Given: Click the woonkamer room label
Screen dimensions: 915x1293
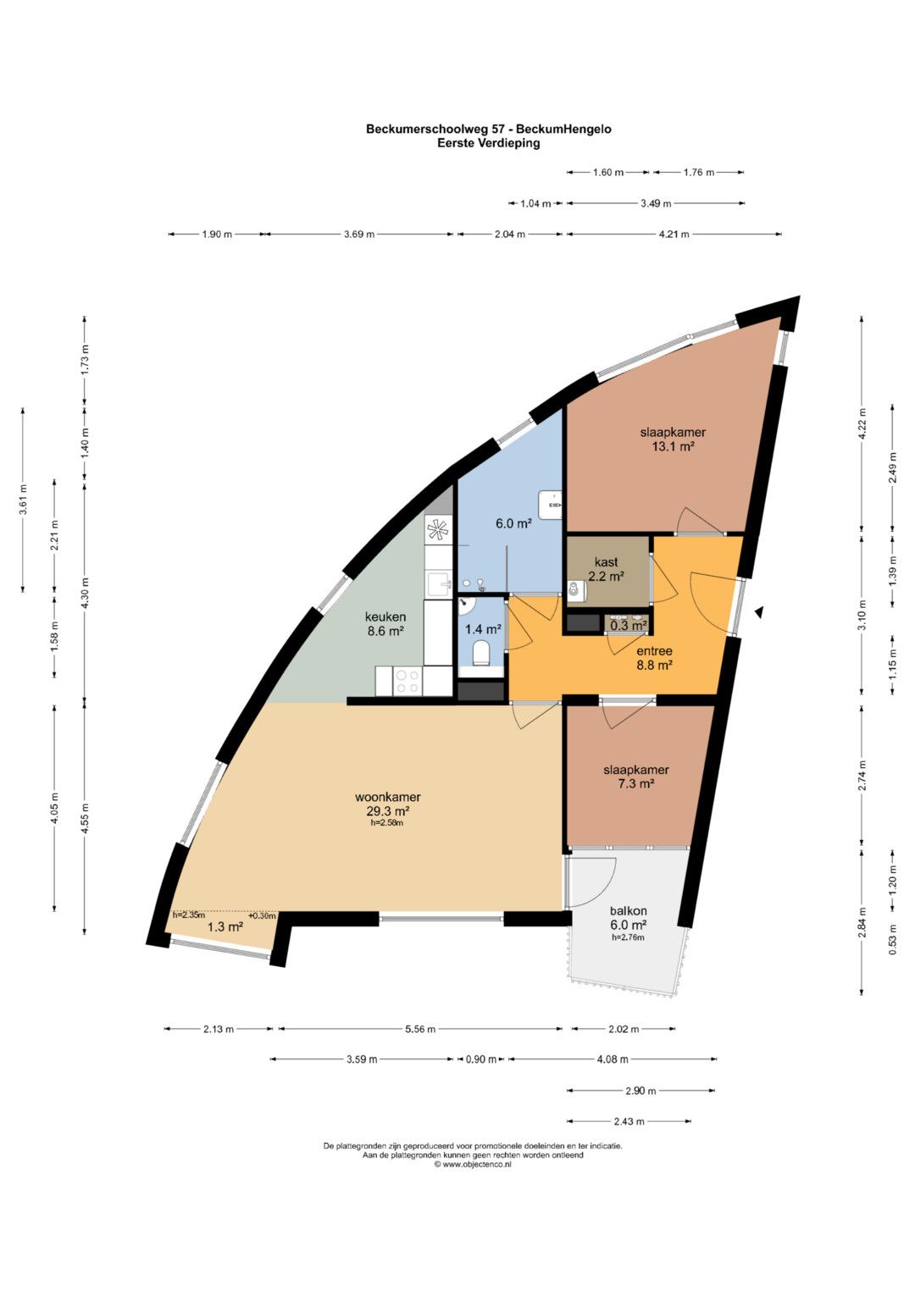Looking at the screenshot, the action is pos(387,797).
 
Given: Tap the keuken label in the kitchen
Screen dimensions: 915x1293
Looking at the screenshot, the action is pos(385,616).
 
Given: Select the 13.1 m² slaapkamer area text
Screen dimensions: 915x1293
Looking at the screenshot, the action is pos(673,446).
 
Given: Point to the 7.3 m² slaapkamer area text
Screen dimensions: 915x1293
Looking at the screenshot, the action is pos(635,784).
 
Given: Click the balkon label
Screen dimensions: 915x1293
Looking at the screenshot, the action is pos(628,911).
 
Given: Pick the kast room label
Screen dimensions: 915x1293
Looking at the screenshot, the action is pos(606,561).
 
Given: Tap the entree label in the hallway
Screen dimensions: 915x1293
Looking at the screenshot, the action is pos(654,651).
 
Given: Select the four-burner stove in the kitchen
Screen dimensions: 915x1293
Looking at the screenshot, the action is pos(408,681).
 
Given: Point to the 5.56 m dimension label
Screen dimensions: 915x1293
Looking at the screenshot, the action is pos(420,1029).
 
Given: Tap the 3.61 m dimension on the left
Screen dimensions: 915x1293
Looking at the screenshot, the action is pos(23,500).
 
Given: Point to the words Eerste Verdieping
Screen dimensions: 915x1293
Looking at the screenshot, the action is pos(488,143).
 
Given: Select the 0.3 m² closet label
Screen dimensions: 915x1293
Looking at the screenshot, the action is pos(628,624).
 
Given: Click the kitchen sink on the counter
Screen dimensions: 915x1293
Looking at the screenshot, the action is pos(439,585).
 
